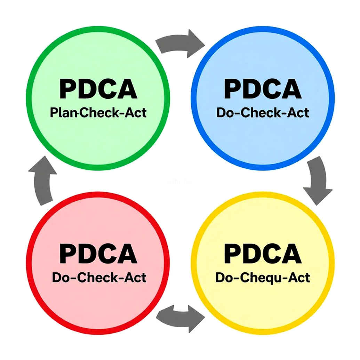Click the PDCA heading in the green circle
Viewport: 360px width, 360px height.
pos(98,89)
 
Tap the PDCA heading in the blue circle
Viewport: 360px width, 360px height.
pos(263,89)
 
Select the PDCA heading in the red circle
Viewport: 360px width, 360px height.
pos(98,254)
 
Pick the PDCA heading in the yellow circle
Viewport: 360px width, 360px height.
pos(263,254)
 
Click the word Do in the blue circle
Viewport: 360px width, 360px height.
pos(224,113)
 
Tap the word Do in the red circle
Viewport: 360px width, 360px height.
pos(60,277)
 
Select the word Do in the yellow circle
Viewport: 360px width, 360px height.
pos(223,277)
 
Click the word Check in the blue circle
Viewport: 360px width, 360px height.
pos(261,113)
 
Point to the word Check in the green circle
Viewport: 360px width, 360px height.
pos(99,113)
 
